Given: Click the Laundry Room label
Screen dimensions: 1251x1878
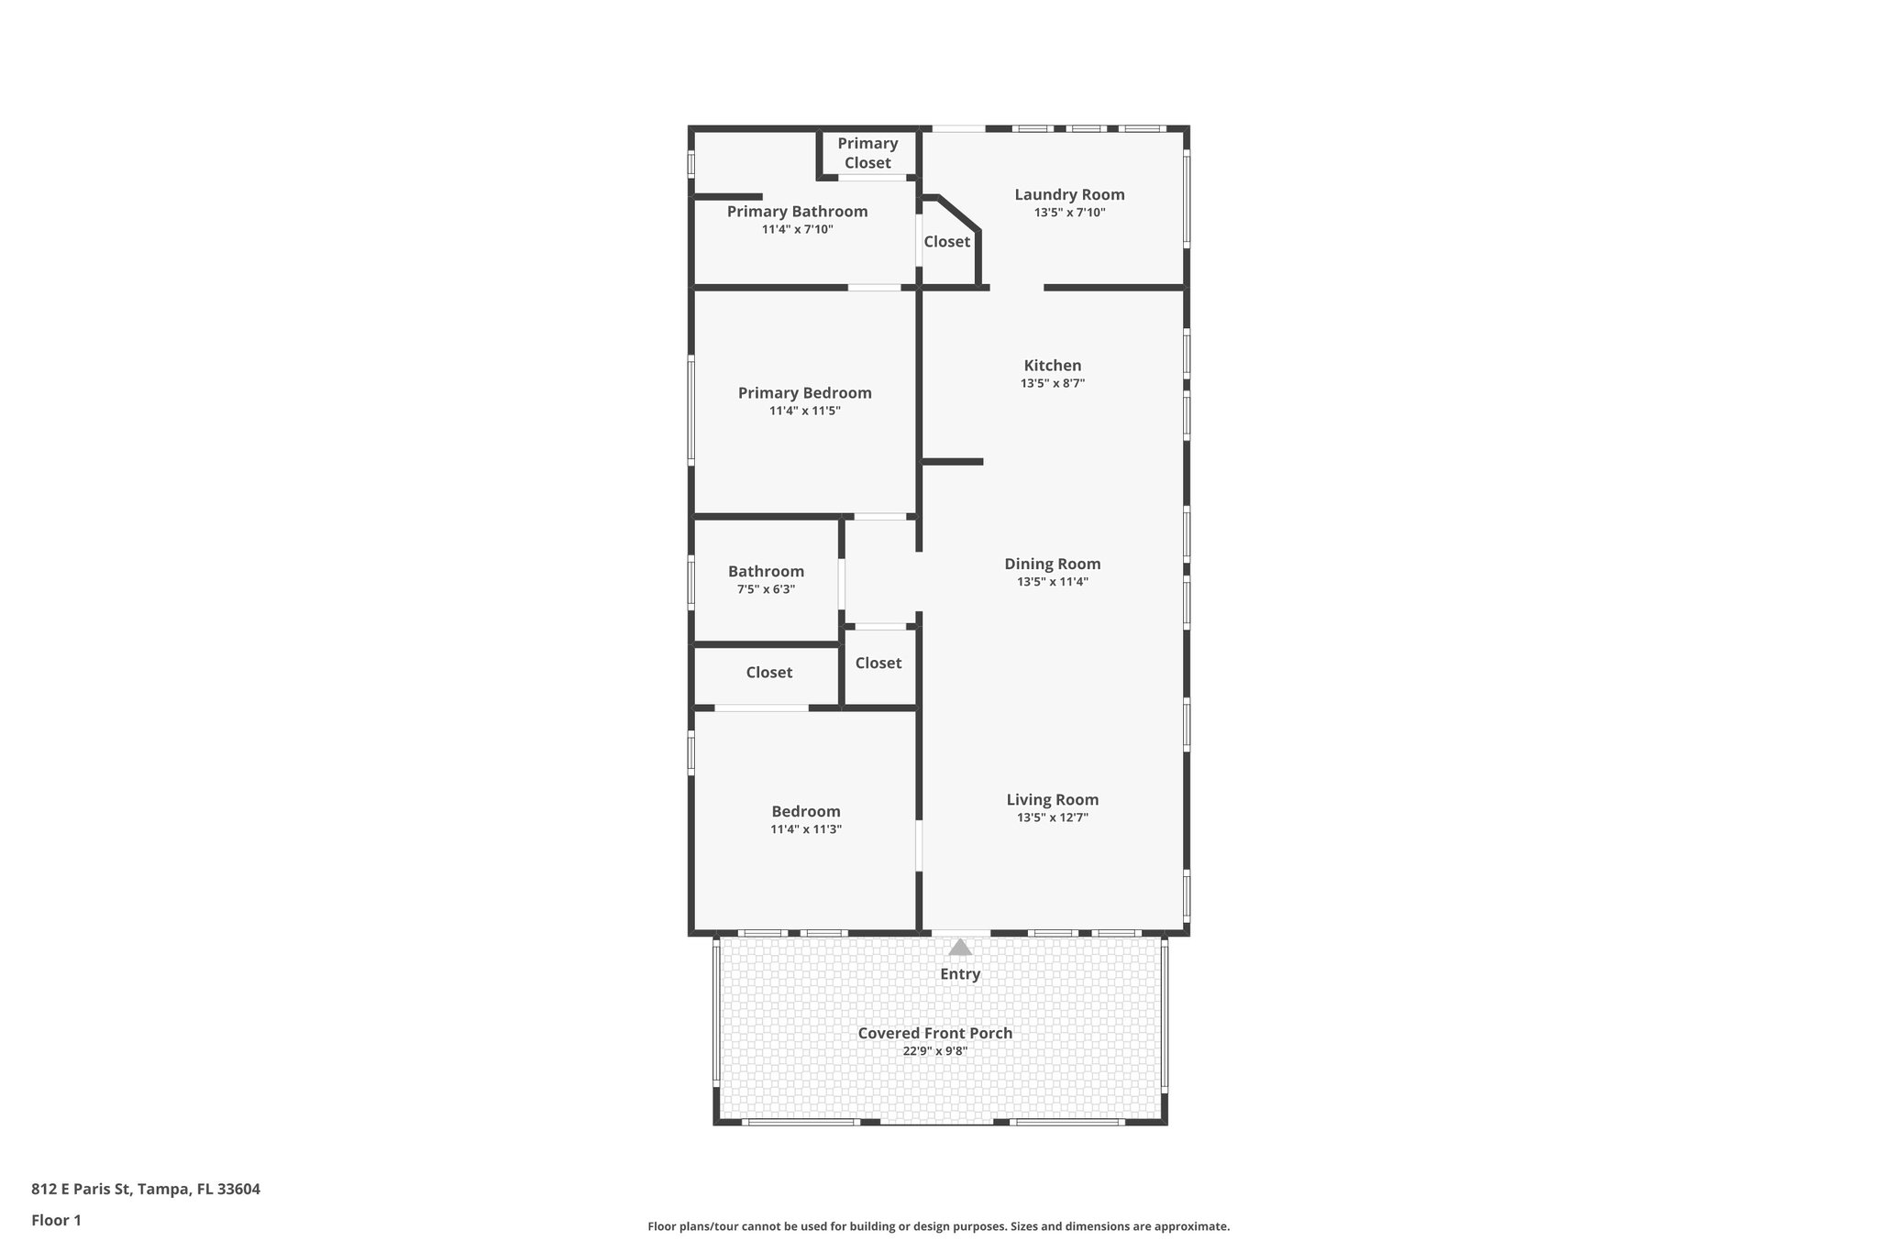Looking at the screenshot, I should click(x=1069, y=194).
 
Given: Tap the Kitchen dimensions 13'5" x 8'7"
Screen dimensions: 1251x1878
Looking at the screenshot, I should click(x=1052, y=384).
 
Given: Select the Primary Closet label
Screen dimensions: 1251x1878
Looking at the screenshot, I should click(x=867, y=153).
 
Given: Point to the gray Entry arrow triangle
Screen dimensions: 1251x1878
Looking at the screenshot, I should click(x=960, y=948).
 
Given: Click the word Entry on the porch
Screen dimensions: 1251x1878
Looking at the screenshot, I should click(x=960, y=974).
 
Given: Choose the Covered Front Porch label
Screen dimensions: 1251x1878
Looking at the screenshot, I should click(x=934, y=1033).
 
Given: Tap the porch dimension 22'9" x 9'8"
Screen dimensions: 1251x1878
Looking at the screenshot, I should click(x=934, y=1051).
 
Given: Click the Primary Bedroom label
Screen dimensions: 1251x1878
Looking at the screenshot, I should click(x=804, y=393).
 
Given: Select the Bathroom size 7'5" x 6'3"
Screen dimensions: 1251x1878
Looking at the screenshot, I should click(x=766, y=589).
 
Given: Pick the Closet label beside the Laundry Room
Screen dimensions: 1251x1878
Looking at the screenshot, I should click(x=946, y=242).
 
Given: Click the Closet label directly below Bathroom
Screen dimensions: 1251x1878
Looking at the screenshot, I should click(x=768, y=673).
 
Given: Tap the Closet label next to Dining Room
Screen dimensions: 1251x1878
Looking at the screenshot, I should click(x=878, y=664).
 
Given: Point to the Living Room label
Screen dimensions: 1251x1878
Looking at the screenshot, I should click(x=1052, y=800).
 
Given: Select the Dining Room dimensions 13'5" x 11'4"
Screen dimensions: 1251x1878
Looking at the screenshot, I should click(x=1052, y=582).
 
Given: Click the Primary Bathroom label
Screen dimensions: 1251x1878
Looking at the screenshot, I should click(x=797, y=212).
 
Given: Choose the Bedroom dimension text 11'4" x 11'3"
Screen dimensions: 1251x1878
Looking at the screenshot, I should click(x=805, y=829).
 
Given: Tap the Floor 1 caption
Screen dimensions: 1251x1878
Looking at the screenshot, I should click(x=56, y=1220).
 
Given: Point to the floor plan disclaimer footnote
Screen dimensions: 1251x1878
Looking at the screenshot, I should click(x=938, y=1226).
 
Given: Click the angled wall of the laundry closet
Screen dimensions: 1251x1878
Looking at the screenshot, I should click(x=959, y=213).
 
